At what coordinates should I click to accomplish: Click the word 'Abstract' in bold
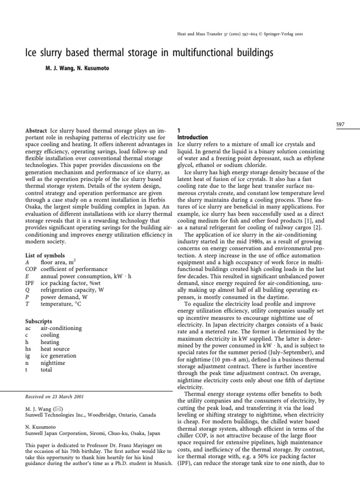pos(35,130)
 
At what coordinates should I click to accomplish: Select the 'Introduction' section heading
pos(193,137)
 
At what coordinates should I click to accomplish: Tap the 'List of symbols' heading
pos(45,255)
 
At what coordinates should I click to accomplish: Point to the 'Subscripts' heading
pos(37,321)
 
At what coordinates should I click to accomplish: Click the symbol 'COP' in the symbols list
pos(30,270)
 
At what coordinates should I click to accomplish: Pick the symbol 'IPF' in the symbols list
pos(29,284)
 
